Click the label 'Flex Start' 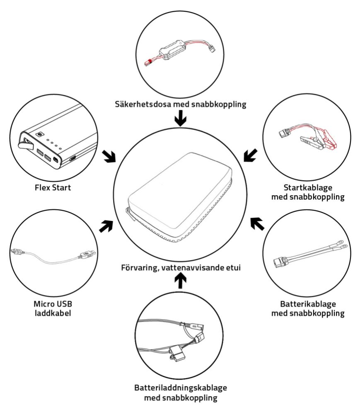click(x=53, y=188)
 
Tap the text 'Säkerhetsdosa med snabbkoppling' click(x=180, y=104)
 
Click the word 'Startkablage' click(x=308, y=187)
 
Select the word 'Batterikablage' click(x=308, y=303)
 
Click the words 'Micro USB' click(x=52, y=303)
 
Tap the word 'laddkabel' click(x=52, y=313)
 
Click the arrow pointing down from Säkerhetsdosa click(x=180, y=121)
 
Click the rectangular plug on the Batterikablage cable click(x=280, y=263)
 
